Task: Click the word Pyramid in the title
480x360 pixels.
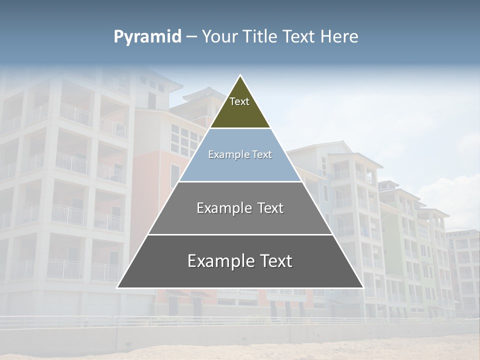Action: [147, 37]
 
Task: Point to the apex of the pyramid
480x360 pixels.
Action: [240, 76]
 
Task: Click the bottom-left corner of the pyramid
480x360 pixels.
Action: [118, 287]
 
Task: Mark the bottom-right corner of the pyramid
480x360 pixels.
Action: [362, 287]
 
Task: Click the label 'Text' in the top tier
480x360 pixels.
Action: [239, 101]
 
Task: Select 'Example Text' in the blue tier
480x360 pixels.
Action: [240, 154]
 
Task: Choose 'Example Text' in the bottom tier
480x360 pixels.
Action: [240, 261]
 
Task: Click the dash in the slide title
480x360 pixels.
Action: [190, 37]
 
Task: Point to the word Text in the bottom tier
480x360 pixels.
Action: [274, 261]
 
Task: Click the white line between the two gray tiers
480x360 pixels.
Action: [240, 234]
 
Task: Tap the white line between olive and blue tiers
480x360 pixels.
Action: [240, 128]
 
